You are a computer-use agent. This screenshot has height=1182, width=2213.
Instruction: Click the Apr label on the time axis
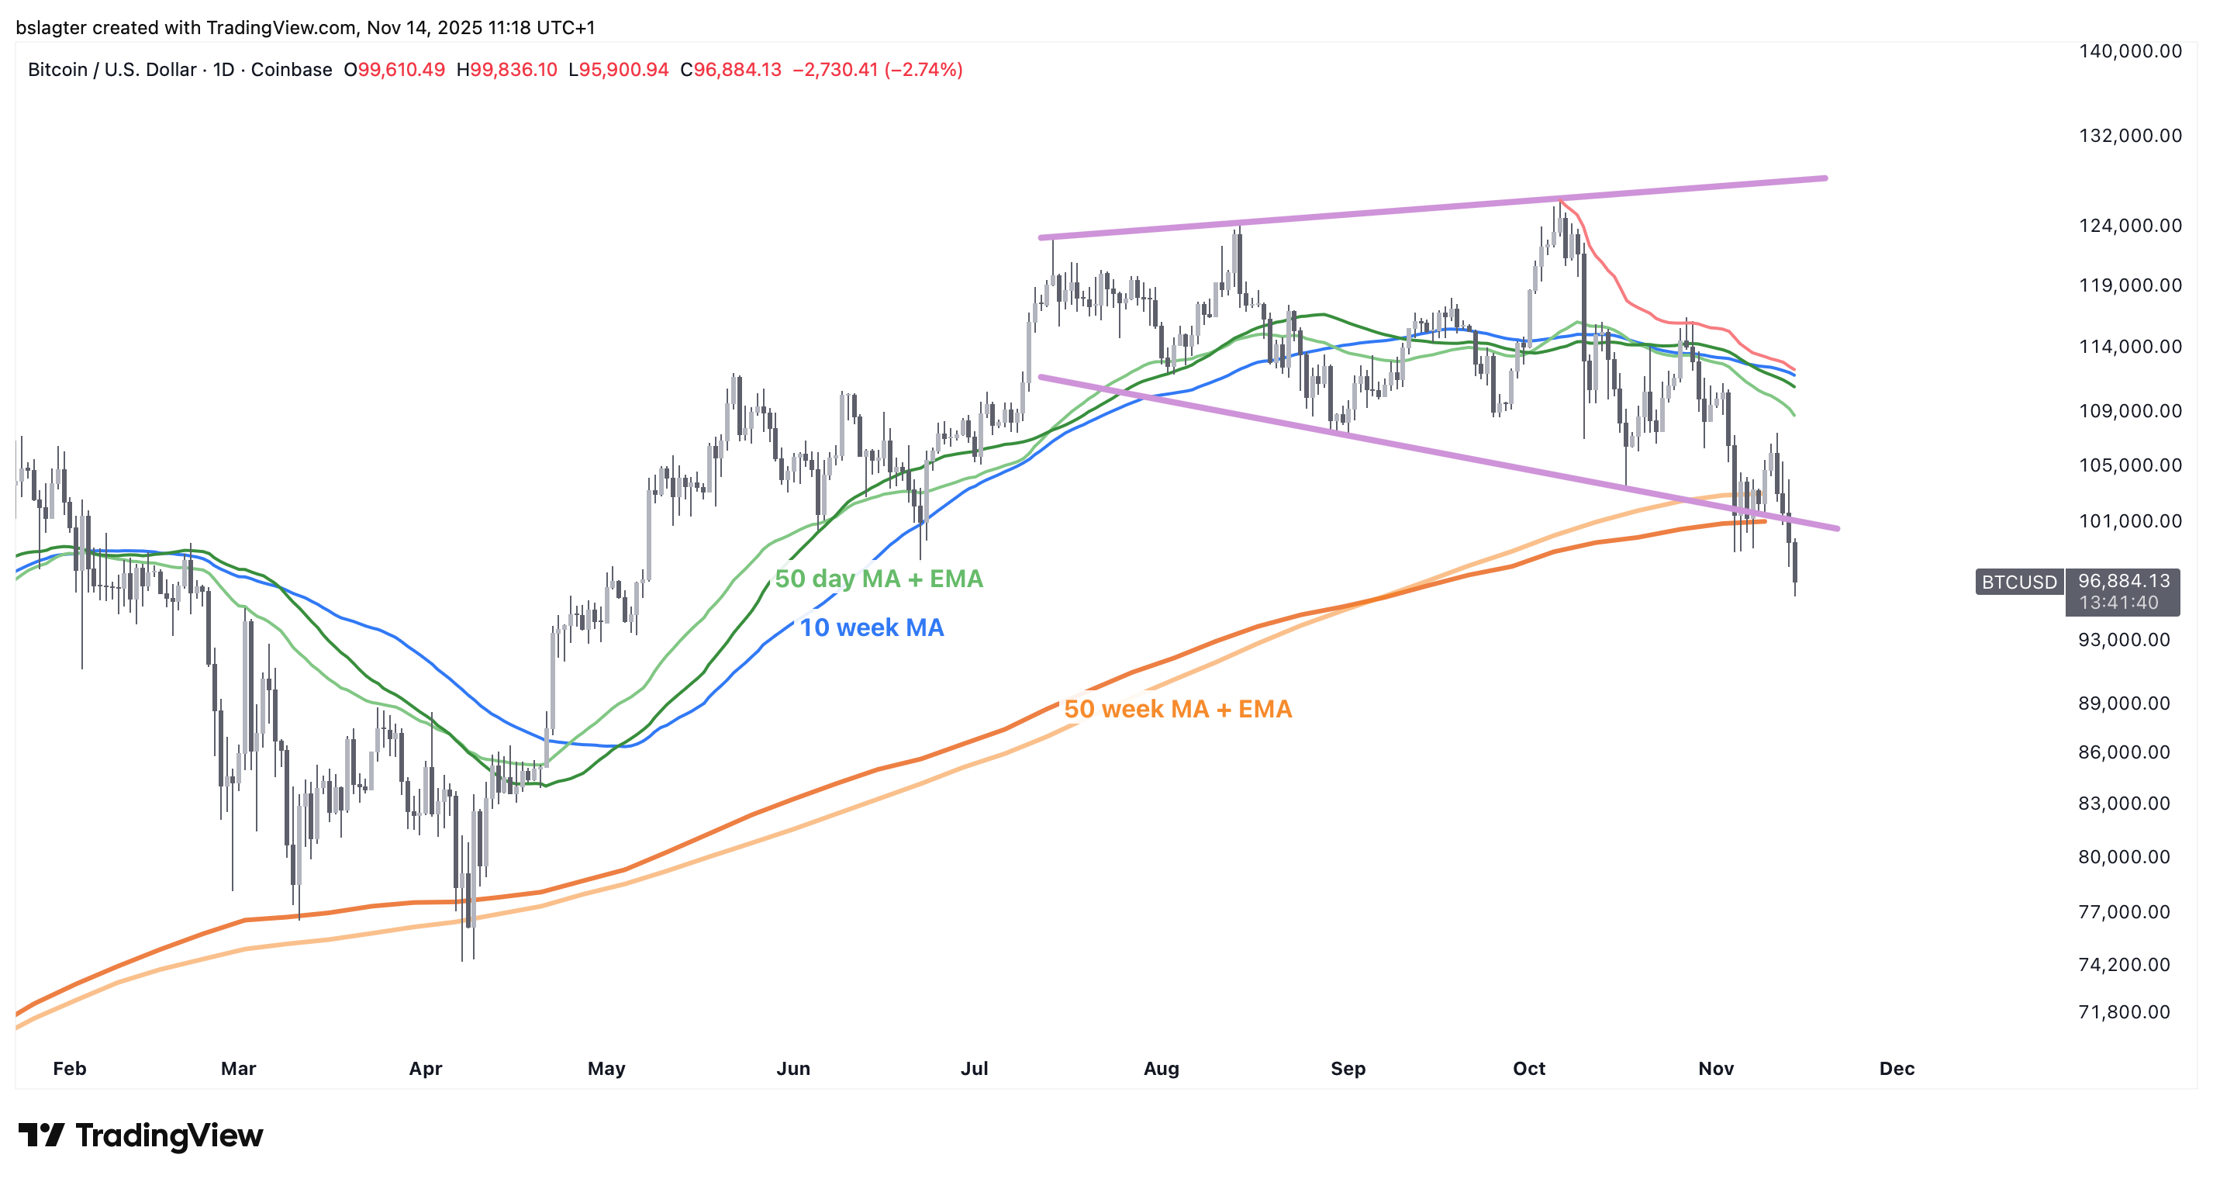point(425,1069)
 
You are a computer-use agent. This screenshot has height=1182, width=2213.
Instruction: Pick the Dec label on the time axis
point(1897,1069)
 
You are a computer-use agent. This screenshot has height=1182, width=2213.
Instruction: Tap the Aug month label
point(1162,1069)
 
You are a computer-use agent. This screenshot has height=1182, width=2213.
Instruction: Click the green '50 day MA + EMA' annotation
point(879,579)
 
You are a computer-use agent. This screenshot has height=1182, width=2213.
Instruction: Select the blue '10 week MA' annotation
point(872,628)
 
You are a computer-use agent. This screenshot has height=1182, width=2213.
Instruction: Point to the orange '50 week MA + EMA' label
point(1178,710)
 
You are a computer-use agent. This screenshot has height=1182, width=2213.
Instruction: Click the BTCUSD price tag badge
point(2019,582)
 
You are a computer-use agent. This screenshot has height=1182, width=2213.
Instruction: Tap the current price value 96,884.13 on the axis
point(2124,582)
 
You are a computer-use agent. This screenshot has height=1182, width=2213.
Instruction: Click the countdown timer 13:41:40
point(2119,603)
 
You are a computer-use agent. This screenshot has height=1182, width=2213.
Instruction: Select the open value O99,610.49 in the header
point(395,70)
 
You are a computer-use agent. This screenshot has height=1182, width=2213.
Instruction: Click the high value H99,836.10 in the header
point(507,70)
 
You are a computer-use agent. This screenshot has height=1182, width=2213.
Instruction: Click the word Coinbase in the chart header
point(292,70)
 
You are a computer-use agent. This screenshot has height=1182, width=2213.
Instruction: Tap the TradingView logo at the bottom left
point(141,1135)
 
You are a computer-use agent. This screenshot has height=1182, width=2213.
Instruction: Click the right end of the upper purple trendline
point(1825,178)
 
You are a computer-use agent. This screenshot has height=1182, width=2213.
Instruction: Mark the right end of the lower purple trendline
point(1837,528)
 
